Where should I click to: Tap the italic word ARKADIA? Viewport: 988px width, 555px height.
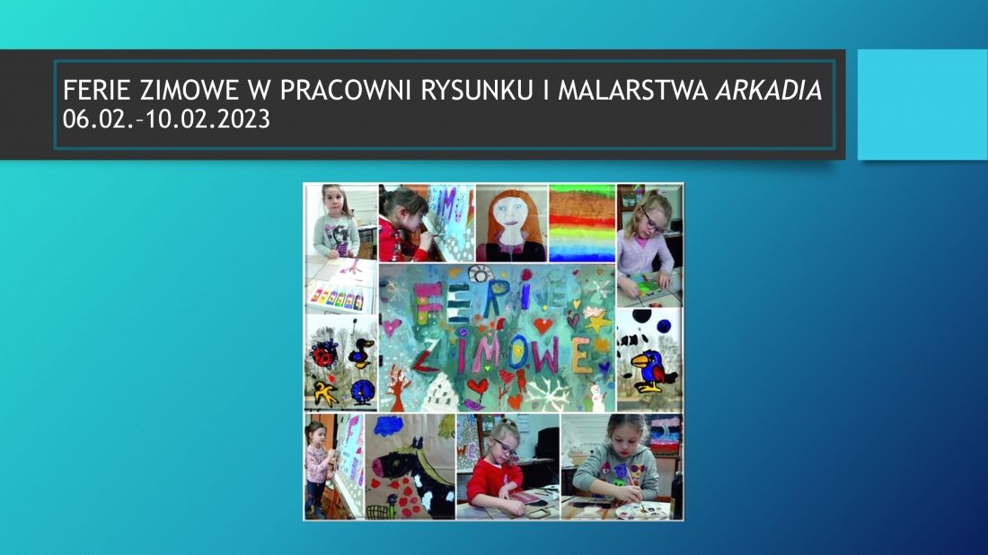pyautogui.click(x=769, y=91)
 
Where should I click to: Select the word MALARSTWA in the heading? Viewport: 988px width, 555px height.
pyautogui.click(x=633, y=91)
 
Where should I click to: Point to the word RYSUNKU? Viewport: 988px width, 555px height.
pyautogui.click(x=477, y=91)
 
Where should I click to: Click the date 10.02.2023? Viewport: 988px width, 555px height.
pyautogui.click(x=208, y=119)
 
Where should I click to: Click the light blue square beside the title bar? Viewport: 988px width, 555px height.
pyautogui.click(x=922, y=104)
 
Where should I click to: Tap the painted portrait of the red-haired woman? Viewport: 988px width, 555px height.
pyautogui.click(x=511, y=223)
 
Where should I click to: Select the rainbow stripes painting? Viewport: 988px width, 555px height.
pyautogui.click(x=582, y=223)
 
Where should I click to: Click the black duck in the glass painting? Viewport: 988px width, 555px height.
pyautogui.click(x=361, y=354)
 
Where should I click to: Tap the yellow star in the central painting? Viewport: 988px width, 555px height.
pyautogui.click(x=596, y=323)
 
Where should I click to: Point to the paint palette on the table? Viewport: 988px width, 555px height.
pyautogui.click(x=641, y=510)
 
